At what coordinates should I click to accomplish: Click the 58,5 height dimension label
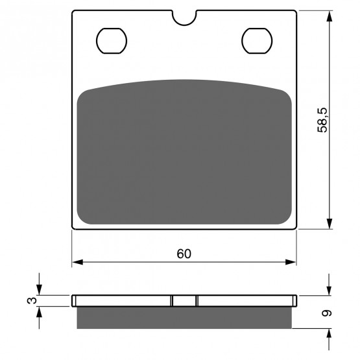pos(322,120)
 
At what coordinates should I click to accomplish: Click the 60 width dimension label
pos(184,254)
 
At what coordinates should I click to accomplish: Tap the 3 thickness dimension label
pos(32,300)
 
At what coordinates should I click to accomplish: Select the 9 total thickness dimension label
pos(327,313)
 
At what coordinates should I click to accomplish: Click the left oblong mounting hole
pos(112,41)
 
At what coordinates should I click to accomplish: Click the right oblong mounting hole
pos(257,41)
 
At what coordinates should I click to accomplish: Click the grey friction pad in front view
pos(184,152)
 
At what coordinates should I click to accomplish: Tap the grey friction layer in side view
pos(184,318)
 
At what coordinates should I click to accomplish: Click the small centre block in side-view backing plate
pos(184,301)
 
